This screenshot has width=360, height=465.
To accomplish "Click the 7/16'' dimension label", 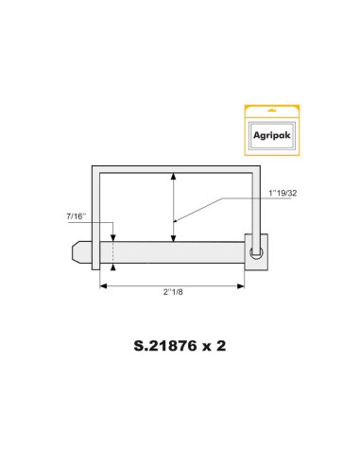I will [x=77, y=216].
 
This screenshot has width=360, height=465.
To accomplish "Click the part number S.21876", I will [x=158, y=346].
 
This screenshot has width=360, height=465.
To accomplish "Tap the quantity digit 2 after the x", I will [x=221, y=346].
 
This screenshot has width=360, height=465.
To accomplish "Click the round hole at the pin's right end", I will [x=255, y=252].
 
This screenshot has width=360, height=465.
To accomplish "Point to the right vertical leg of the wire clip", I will [x=256, y=203].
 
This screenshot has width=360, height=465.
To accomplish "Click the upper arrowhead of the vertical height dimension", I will [x=173, y=177].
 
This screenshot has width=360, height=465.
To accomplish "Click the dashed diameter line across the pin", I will [x=112, y=253].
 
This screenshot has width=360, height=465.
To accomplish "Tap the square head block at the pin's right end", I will [x=256, y=252].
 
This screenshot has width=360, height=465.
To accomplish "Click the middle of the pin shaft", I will [x=175, y=253].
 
